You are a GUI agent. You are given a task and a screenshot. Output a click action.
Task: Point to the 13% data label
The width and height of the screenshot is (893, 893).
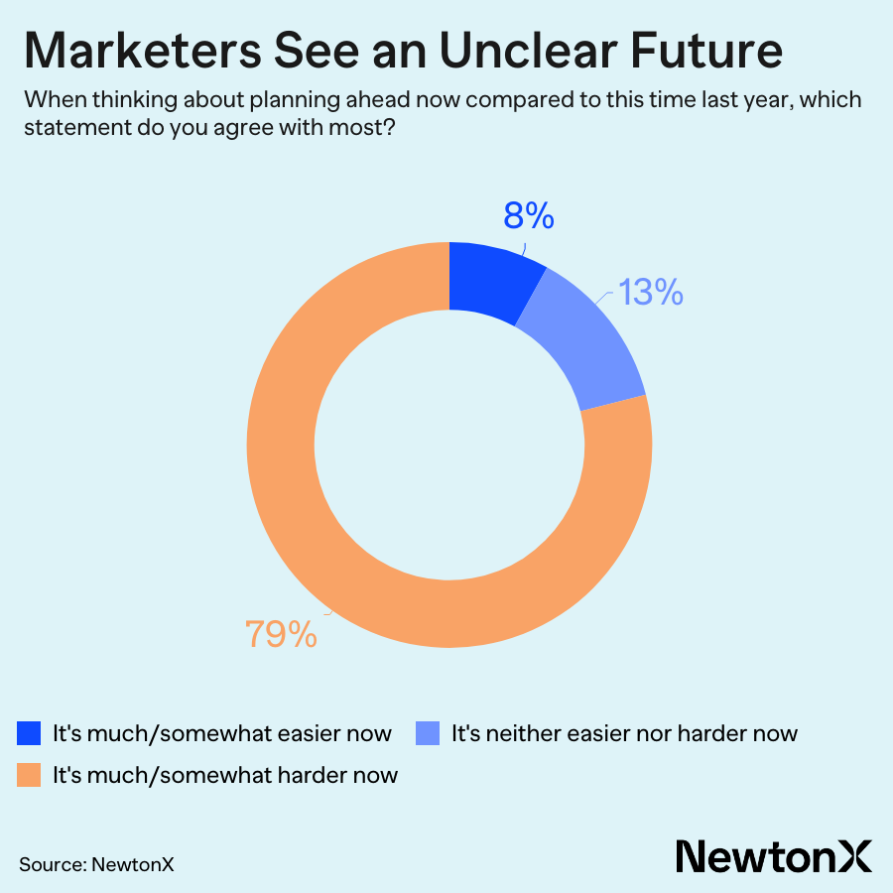[650, 292]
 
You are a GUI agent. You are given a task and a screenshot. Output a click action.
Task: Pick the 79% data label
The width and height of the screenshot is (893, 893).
[282, 634]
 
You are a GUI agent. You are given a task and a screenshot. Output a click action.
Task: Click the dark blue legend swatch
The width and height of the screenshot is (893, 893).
[30, 734]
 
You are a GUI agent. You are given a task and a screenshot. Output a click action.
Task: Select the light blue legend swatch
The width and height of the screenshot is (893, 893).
[428, 734]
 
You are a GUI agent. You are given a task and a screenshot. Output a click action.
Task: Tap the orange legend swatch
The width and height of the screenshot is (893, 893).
[30, 775]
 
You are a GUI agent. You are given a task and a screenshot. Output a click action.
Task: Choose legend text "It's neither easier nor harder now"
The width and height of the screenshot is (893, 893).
[624, 734]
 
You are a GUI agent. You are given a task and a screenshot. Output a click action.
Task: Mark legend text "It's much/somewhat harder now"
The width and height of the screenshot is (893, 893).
[225, 775]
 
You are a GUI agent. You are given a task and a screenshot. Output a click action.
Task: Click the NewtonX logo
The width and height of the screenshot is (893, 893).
[774, 855]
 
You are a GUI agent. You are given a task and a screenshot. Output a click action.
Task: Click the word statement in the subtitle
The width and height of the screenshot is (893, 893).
[77, 130]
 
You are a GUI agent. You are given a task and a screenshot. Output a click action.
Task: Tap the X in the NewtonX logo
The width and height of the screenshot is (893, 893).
[855, 855]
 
